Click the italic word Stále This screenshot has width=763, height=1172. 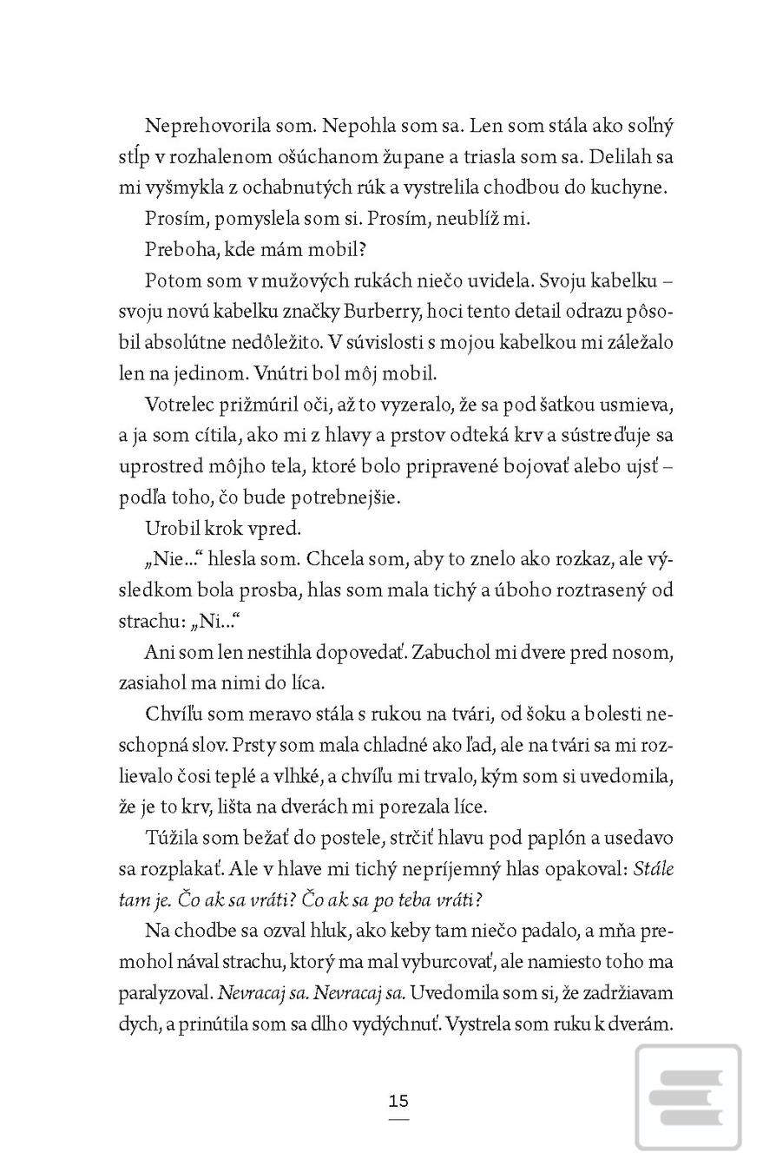point(654,870)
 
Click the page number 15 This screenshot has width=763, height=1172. point(398,1102)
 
